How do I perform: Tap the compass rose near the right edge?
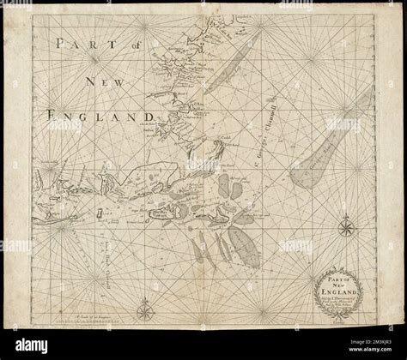(x=347, y=227)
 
